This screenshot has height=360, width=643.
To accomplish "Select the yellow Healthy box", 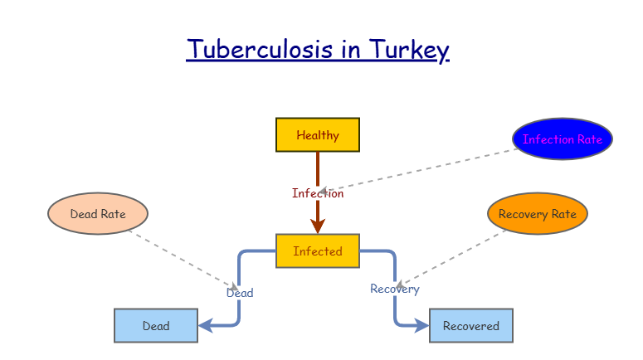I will coord(318,135).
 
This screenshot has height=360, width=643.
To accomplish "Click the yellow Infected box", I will coord(318,251).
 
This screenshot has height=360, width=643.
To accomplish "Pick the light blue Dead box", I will coord(156,326).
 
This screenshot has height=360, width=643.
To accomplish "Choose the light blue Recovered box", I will coord(471,326).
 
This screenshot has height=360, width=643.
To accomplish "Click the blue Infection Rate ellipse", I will coord(563,139).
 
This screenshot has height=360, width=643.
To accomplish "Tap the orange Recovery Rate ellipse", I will coord(538,214).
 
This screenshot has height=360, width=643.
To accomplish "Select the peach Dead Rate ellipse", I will coord(98,214).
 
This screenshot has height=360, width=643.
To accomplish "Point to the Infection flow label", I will coord(318,193).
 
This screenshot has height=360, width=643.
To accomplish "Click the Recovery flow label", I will coord(395,289).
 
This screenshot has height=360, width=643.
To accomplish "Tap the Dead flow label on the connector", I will coord(240,293).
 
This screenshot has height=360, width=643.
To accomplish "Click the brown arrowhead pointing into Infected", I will coord(318,226).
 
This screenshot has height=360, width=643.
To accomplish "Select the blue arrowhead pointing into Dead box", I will coord(206,325).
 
